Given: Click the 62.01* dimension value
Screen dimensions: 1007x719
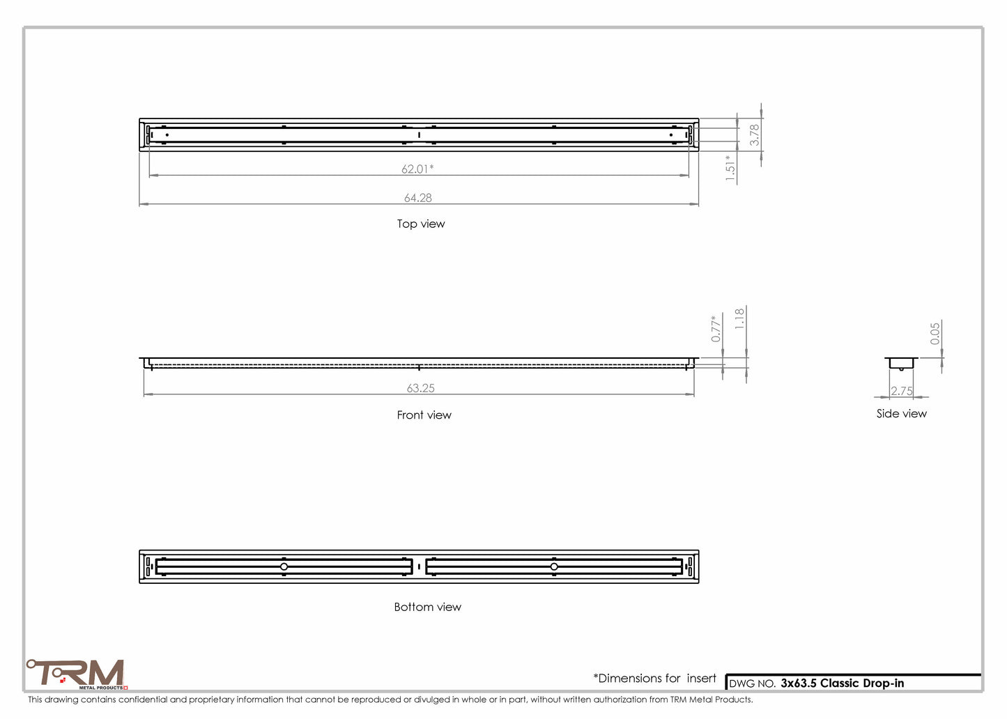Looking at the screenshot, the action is tap(417, 169).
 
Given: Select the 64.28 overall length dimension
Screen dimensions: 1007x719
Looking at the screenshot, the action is tap(417, 198).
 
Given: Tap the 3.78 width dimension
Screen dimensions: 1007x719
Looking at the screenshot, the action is tap(754, 135).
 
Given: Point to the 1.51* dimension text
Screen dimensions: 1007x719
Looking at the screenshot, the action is tap(730, 168).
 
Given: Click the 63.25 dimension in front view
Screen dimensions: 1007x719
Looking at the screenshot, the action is tap(421, 388).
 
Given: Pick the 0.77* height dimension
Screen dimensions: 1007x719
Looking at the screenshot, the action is tap(716, 328).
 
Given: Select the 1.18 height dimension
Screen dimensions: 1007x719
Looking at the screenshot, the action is tap(739, 318).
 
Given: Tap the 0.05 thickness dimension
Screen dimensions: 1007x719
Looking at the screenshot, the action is tap(935, 334).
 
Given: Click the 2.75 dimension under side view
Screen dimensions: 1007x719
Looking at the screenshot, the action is tap(902, 391).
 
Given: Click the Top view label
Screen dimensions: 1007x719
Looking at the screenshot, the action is tap(421, 224).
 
